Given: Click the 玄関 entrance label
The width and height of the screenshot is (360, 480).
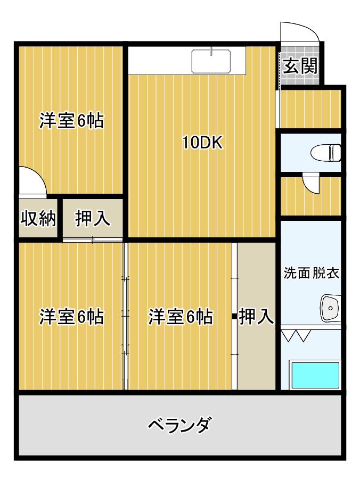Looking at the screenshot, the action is [x=300, y=66].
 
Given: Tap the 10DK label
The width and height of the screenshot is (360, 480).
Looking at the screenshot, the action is [x=202, y=142].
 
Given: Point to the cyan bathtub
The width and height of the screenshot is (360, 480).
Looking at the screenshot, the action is [x=315, y=375].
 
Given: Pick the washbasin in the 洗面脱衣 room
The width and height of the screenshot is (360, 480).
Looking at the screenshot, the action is [x=331, y=308].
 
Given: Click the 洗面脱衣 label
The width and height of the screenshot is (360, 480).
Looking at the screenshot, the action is [x=312, y=273].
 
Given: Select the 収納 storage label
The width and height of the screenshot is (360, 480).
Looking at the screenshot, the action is [x=38, y=218].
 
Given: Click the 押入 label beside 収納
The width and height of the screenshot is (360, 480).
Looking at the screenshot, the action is [x=93, y=218].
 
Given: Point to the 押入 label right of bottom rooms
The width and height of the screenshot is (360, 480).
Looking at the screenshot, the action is [x=256, y=316].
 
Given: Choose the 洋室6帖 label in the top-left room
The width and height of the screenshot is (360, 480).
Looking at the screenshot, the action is [x=71, y=121].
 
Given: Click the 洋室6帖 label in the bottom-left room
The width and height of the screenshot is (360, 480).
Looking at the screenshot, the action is [x=71, y=317].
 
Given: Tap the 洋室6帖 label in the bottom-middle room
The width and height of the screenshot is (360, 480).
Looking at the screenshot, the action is [x=181, y=317].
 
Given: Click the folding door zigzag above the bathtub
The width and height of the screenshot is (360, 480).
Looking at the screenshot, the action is [x=296, y=335].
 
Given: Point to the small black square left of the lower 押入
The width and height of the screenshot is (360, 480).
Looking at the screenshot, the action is [x=234, y=317].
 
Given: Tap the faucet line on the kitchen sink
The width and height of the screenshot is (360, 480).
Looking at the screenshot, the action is [x=211, y=51].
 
